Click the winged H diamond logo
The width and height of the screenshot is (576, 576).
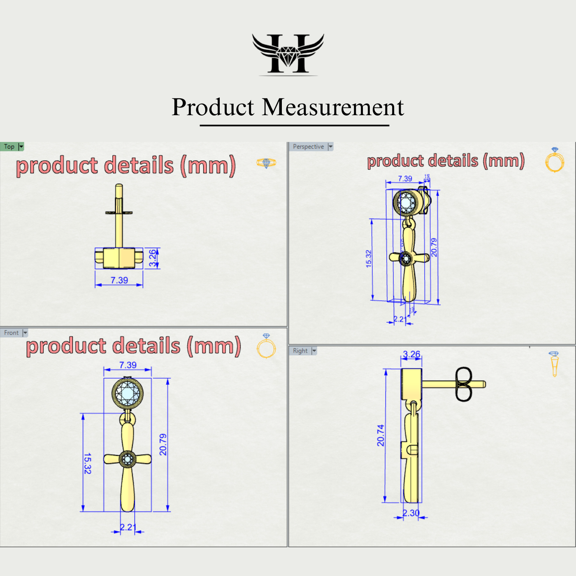pos(288,54)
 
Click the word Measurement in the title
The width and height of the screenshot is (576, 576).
pos(333,107)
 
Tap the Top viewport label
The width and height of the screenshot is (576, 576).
pos(9,146)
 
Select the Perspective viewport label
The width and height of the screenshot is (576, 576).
pos(308,146)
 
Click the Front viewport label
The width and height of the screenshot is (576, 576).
pos(11,333)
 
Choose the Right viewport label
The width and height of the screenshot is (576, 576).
pos(300,351)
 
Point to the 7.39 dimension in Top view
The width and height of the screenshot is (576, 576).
pos(119,280)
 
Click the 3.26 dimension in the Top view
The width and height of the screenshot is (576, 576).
pos(153,258)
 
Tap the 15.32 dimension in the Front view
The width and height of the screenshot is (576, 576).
pos(88,463)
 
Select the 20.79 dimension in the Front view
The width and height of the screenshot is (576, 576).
pos(163,444)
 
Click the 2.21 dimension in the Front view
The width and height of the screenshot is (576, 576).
pos(128,527)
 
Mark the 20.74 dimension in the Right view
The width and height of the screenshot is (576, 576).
pos(381,435)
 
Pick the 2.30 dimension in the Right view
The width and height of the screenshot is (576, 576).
pos(411,513)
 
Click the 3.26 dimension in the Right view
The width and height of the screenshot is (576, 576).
pos(411,354)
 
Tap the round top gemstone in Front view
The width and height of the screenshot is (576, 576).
pos(128,393)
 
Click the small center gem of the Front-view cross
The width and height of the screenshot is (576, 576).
pos(128,459)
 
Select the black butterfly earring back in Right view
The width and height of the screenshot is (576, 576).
pos(464,384)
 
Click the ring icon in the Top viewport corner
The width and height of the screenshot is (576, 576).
pos(266,163)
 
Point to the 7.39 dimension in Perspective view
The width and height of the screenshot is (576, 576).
pos(405,179)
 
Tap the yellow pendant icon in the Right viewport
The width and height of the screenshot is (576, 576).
pos(554,364)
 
